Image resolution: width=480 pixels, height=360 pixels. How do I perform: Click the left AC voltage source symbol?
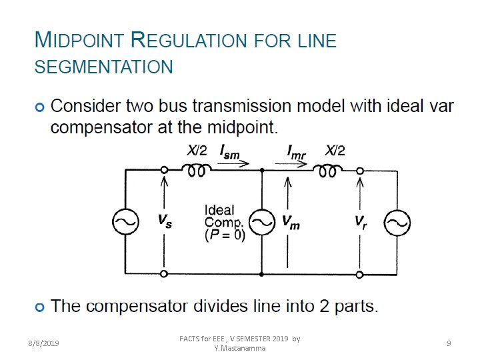tap(125, 223)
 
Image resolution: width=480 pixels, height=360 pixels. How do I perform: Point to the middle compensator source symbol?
tap(262, 223)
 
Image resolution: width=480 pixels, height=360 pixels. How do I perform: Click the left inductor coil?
tap(196, 171)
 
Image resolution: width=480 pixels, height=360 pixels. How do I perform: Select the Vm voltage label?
tap(291, 223)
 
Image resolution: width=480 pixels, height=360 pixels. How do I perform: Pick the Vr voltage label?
tap(361, 221)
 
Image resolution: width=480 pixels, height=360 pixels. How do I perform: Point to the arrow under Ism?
tap(237, 163)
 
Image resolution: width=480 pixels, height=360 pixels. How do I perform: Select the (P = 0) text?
tap(225, 235)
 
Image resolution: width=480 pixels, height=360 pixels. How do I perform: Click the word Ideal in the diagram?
tap(219, 211)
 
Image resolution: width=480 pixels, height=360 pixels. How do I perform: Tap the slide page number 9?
tap(449, 343)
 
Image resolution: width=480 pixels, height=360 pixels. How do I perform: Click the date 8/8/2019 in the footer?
tap(43, 343)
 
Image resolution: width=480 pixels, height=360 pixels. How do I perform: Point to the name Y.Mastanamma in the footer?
tap(240, 348)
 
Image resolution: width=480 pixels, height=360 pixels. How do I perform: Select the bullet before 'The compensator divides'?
tap(41, 307)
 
